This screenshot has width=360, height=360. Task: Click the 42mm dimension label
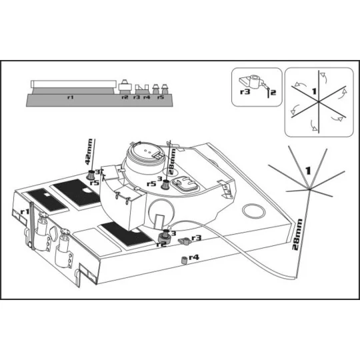click(89, 152)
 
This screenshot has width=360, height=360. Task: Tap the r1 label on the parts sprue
click(71, 97)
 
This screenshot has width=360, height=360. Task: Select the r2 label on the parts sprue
click(125, 97)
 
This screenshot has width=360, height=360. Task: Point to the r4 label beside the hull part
click(194, 257)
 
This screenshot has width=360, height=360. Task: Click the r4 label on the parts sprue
click(147, 97)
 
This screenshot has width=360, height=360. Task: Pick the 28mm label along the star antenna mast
click(297, 234)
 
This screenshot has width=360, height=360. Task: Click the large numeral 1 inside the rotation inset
click(314, 91)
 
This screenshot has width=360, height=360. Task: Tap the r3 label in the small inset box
click(245, 92)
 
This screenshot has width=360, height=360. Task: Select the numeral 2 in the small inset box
click(273, 93)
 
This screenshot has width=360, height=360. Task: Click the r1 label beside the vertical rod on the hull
click(25, 211)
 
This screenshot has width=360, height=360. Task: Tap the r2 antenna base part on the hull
click(165, 237)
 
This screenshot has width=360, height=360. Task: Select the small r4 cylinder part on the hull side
click(184, 261)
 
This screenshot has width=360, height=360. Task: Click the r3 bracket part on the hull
click(185, 241)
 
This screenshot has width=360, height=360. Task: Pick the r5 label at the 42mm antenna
click(94, 183)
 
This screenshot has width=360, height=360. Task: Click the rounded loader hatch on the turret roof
click(185, 184)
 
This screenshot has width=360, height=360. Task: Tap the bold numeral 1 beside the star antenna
click(307, 171)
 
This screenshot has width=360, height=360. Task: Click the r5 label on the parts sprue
click(161, 97)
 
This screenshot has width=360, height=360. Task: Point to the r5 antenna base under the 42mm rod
click(91, 175)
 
